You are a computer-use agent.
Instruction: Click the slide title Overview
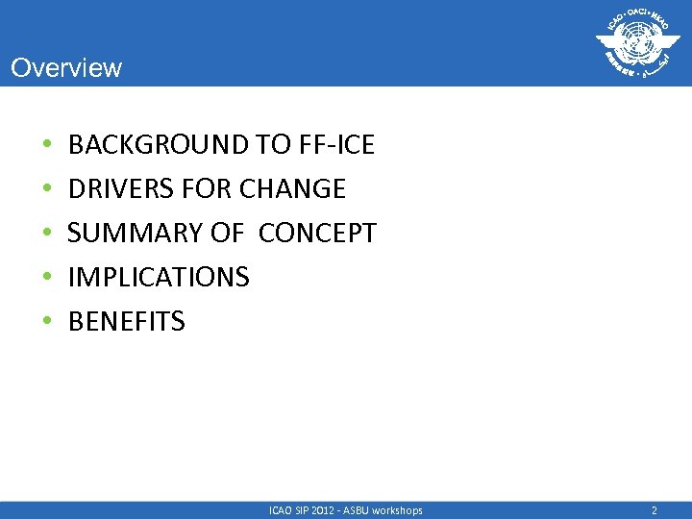click(66, 68)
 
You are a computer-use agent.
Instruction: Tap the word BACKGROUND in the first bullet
click(159, 145)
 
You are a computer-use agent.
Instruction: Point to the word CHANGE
click(292, 189)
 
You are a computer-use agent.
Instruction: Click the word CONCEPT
click(317, 234)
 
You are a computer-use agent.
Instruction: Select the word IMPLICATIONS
click(159, 278)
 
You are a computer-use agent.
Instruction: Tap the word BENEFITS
click(126, 322)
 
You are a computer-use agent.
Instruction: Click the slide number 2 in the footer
click(655, 510)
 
